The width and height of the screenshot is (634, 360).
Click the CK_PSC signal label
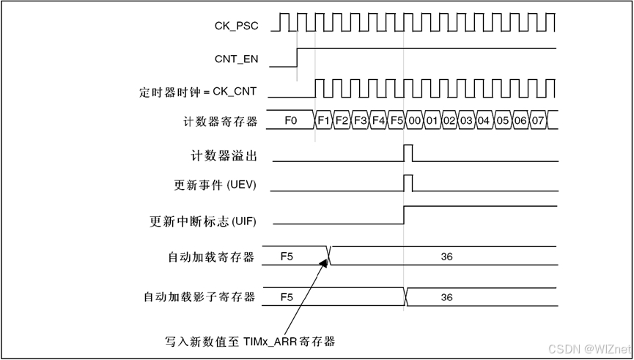click(236, 26)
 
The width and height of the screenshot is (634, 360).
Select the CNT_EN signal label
click(236, 59)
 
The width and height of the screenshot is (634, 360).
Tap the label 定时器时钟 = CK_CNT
click(198, 92)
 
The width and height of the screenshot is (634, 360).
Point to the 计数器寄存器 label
click(221, 121)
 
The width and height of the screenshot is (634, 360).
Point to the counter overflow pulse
click(408, 153)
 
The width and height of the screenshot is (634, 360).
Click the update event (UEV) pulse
click(408, 182)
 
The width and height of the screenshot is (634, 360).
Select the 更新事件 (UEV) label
click(215, 185)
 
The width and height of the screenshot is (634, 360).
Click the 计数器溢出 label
click(223, 156)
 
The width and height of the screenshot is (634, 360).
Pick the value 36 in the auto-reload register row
click(447, 257)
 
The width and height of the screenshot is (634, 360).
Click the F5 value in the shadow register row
click(287, 297)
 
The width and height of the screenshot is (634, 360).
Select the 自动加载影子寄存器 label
click(199, 297)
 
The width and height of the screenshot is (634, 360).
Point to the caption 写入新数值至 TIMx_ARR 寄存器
click(250, 341)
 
